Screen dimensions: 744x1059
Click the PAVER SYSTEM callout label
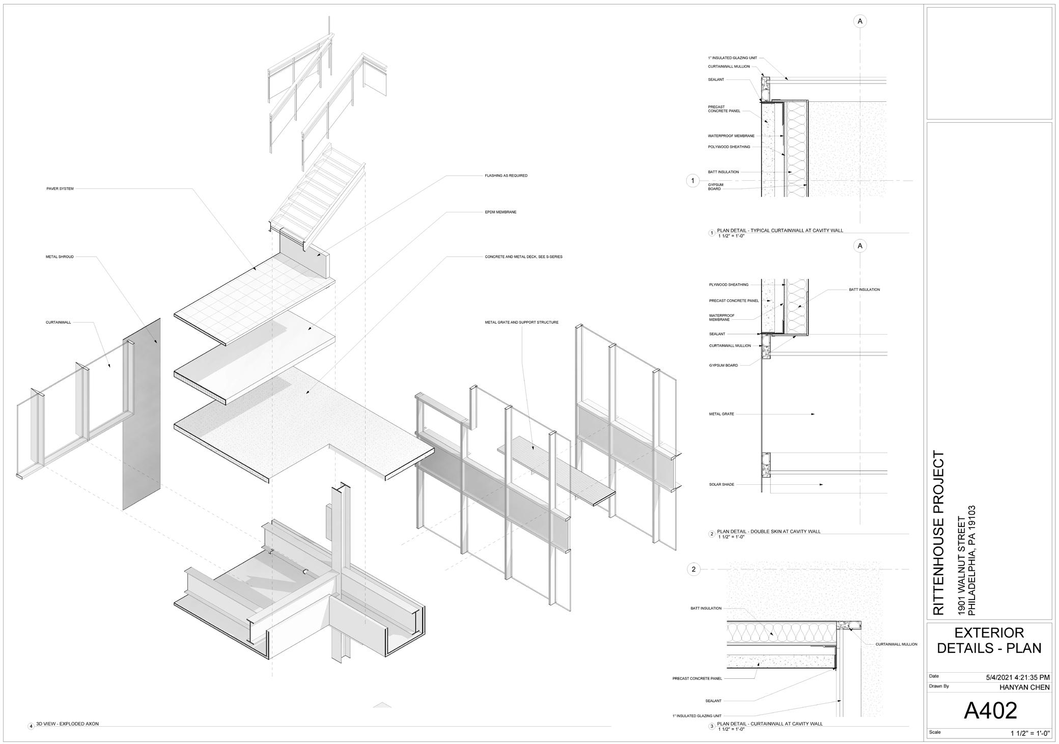pos(60,189)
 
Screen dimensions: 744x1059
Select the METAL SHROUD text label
pos(60,257)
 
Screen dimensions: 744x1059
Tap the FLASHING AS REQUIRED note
pos(506,176)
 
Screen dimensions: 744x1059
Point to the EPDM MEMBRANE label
pos(500,212)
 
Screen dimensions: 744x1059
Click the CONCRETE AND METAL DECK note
pos(523,257)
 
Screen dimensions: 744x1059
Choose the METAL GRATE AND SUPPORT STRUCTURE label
pos(521,322)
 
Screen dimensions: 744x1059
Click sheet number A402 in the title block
pos(990,710)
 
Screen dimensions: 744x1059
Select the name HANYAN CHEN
pos(1024,687)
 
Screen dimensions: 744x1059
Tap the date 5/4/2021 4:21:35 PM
pos(1017,677)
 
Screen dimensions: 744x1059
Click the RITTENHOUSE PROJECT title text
pos(938,532)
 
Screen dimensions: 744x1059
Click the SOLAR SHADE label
pos(721,484)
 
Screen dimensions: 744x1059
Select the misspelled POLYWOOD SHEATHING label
pos(729,147)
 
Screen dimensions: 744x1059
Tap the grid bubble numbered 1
pos(692,181)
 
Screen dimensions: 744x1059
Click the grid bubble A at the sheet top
pos(860,21)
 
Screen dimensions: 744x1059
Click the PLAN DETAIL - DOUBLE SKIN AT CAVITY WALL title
pos(768,532)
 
